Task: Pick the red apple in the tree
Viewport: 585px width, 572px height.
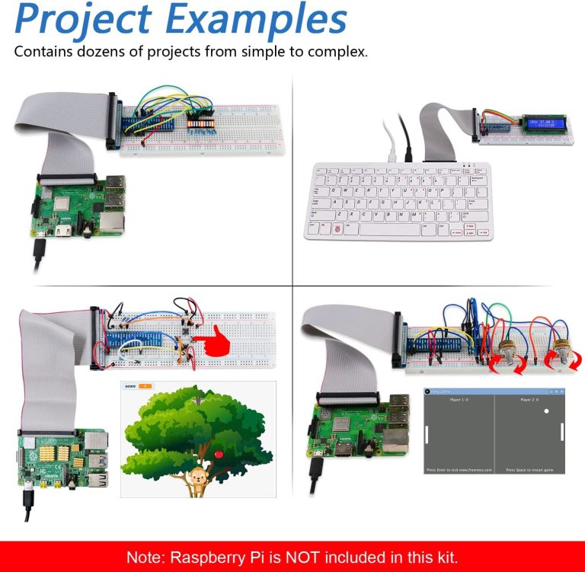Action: (x=220, y=455)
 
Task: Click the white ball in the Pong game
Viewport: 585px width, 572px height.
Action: (x=545, y=412)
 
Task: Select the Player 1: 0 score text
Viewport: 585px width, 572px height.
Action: (x=459, y=399)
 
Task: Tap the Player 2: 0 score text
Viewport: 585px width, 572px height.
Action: (x=529, y=399)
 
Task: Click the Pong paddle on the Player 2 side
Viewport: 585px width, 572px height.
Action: (x=562, y=432)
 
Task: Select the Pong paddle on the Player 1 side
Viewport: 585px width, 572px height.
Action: (x=427, y=435)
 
